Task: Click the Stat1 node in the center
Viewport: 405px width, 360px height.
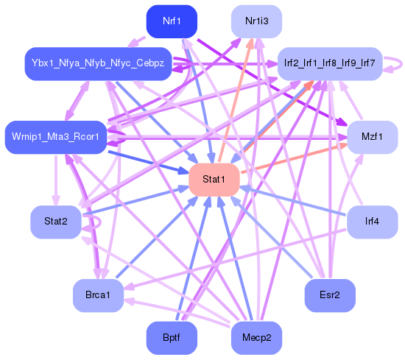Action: [214, 180]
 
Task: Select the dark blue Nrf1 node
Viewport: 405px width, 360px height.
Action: [171, 21]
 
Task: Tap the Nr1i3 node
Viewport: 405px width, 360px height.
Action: [256, 21]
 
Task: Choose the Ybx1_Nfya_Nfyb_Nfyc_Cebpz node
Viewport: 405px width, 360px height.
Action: [99, 64]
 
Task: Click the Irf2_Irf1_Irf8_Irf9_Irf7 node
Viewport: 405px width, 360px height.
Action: [329, 64]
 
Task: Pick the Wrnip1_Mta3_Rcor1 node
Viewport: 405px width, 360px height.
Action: [56, 137]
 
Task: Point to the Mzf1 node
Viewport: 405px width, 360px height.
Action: [372, 137]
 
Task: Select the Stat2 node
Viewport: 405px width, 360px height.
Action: [56, 222]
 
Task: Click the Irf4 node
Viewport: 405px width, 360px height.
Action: [372, 222]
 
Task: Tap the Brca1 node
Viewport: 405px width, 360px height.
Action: [97, 295]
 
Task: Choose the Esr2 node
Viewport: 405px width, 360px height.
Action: [330, 295]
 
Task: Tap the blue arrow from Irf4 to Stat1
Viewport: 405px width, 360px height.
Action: [295, 201]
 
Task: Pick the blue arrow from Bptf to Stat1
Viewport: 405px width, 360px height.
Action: [192, 258]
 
